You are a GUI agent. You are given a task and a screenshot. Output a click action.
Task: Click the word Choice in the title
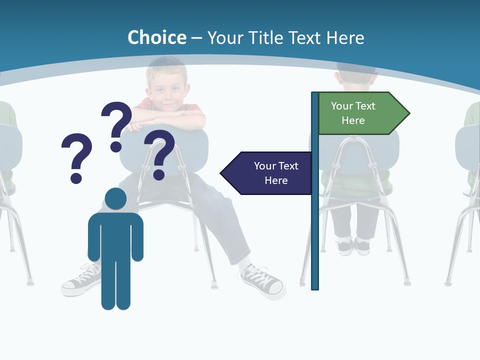[x=156, y=37]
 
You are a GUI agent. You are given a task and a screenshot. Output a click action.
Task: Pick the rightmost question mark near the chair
[x=159, y=153]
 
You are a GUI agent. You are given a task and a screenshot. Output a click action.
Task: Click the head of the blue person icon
[x=115, y=199]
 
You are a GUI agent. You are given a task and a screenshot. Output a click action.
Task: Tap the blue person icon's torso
[x=115, y=235]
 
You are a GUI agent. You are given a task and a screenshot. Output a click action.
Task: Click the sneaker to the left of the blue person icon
[x=80, y=281]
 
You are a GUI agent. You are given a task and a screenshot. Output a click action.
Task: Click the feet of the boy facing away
[x=353, y=246]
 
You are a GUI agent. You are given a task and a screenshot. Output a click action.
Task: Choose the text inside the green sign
[x=353, y=113]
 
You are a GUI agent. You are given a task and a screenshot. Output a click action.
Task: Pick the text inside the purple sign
[x=276, y=173]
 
